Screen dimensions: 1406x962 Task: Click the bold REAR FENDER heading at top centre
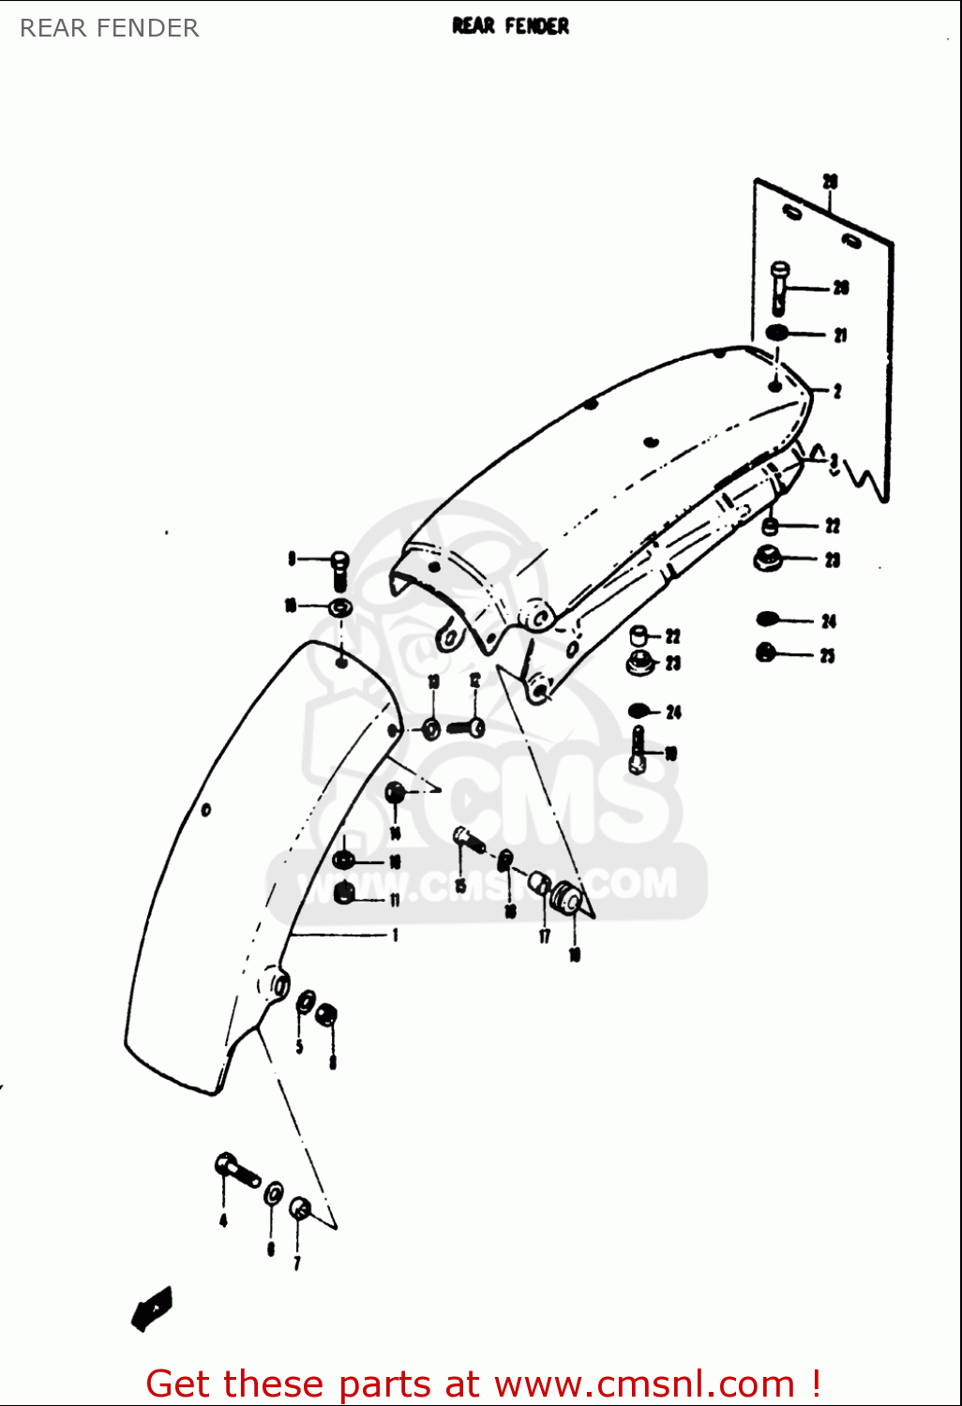click(510, 26)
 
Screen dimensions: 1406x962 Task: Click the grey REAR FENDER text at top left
click(109, 28)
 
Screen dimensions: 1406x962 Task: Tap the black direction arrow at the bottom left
click(152, 1309)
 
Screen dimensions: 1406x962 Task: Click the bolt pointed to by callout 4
click(236, 1170)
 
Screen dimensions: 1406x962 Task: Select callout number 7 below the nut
click(296, 1263)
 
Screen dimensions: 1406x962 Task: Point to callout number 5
click(299, 1046)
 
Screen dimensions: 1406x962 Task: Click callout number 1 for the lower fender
click(395, 935)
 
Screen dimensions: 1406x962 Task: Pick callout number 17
click(544, 935)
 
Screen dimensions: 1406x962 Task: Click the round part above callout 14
click(395, 793)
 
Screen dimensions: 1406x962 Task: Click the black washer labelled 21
click(777, 333)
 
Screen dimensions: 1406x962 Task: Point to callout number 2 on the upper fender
click(836, 391)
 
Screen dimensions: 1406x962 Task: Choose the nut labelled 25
click(766, 652)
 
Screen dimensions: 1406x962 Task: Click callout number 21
click(840, 335)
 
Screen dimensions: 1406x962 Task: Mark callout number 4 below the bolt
click(223, 1219)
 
